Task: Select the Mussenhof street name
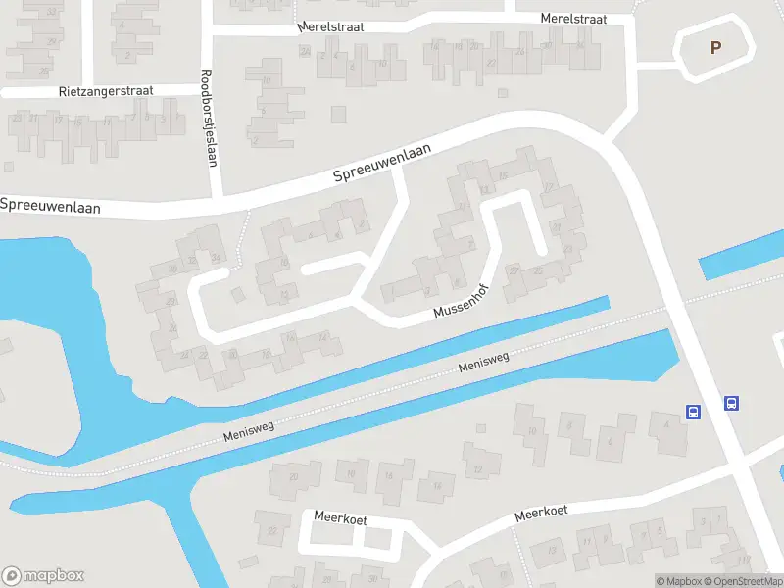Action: (462, 308)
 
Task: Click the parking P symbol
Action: (715, 46)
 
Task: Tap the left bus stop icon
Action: (693, 412)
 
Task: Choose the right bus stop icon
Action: (731, 403)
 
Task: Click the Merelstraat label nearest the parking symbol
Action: (573, 19)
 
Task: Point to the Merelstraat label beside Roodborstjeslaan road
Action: (331, 27)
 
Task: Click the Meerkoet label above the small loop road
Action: (339, 517)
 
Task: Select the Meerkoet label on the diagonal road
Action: (542, 513)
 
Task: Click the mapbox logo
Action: (43, 576)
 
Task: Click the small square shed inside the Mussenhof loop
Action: (236, 294)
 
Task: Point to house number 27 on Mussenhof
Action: (514, 270)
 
